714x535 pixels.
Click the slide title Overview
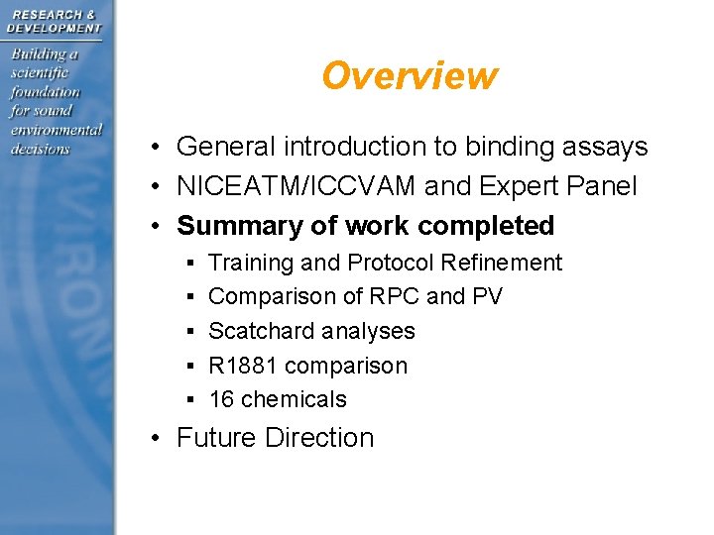[409, 75]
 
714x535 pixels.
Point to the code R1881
[243, 366]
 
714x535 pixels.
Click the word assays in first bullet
[604, 148]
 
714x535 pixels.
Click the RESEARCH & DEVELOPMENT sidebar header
[54, 21]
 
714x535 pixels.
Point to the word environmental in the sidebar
[56, 130]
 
